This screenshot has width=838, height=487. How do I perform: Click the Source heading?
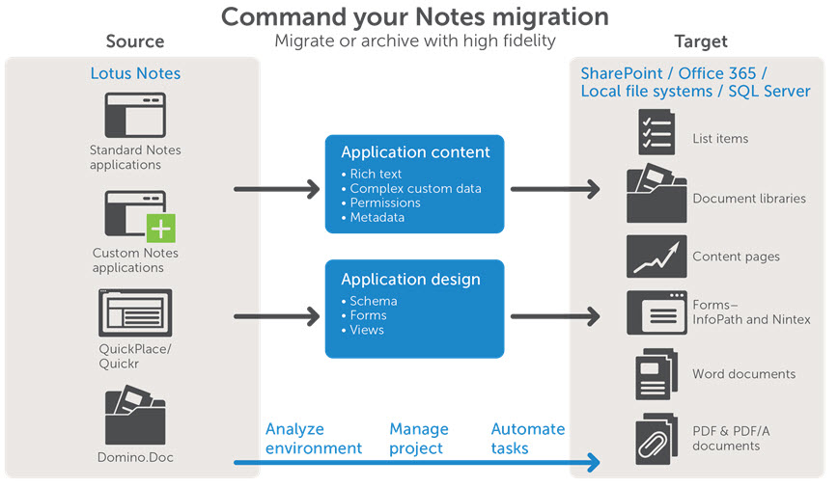pos(134,41)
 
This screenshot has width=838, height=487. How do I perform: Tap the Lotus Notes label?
pos(135,73)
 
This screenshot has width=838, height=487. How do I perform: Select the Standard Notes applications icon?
pos(135,115)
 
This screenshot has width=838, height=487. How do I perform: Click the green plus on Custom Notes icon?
pos(159,228)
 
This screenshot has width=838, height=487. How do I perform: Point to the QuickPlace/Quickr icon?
pos(135,312)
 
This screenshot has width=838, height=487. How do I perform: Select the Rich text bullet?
pos(376,175)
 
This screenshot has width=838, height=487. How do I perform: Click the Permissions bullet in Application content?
pos(384,203)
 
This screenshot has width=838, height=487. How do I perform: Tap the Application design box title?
pos(410,280)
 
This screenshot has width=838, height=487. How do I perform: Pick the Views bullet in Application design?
pos(367,330)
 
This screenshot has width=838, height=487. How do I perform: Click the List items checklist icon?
pos(656,132)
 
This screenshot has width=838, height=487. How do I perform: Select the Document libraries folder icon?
pos(656,195)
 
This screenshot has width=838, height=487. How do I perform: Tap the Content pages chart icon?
pos(656,257)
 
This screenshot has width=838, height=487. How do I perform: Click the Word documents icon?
pos(656,374)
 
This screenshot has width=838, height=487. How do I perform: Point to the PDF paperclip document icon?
pos(656,439)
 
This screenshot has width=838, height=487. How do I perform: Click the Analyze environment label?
pos(314,439)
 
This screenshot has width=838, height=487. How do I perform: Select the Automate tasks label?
pos(528,439)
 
